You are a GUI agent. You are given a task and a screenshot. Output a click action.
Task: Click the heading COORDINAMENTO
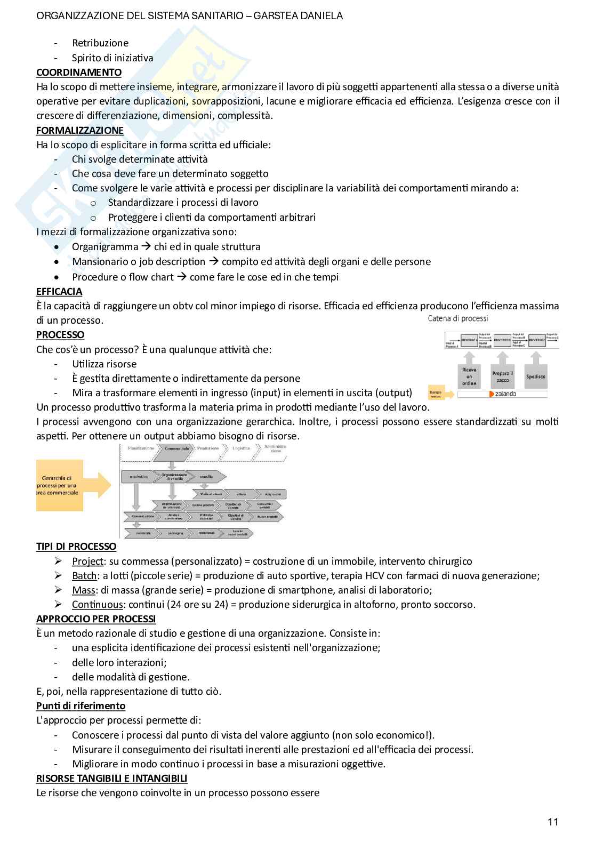(78, 72)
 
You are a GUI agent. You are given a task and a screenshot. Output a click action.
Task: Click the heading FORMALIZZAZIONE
(79, 130)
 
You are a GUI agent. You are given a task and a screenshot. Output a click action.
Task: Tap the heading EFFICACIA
(59, 291)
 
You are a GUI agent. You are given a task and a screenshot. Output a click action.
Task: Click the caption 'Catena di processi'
(457, 318)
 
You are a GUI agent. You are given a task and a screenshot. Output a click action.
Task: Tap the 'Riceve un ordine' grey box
(469, 375)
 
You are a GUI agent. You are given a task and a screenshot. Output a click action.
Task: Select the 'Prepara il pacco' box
(502, 376)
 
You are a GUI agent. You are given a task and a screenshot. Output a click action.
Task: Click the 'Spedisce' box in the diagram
(535, 376)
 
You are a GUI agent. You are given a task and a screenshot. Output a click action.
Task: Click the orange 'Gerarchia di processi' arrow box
(69, 485)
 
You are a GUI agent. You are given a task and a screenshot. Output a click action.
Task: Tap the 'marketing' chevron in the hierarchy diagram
(138, 476)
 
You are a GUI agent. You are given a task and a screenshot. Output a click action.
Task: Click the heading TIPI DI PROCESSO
(76, 546)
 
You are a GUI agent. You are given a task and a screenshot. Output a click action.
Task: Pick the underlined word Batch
(84, 575)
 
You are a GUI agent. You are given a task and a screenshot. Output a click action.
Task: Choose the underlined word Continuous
(97, 604)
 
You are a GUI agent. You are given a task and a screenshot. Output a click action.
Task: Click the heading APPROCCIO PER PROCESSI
(96, 619)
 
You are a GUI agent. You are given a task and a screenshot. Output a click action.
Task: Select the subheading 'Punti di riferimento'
(81, 705)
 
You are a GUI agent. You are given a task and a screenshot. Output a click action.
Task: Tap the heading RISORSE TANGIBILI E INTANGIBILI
(111, 778)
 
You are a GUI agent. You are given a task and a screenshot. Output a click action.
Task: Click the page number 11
(553, 822)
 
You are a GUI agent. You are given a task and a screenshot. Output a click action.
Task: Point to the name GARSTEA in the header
(275, 16)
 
